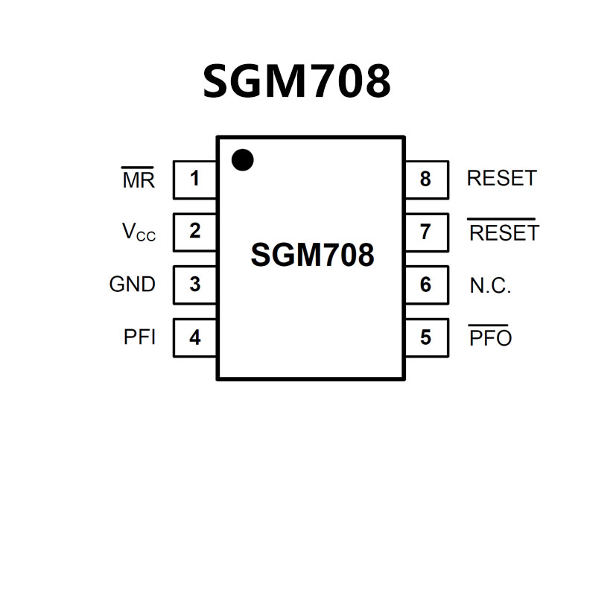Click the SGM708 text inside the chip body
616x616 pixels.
point(312,255)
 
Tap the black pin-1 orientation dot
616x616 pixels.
point(242,160)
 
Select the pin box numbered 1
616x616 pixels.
point(194,180)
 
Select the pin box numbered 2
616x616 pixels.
point(194,232)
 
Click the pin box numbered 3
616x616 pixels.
point(194,285)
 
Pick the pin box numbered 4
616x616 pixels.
point(194,337)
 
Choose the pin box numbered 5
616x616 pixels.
point(426,337)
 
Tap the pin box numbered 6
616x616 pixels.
point(426,285)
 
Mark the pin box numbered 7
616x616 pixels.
point(426,232)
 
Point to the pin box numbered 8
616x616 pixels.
point(426,180)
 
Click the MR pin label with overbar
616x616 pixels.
point(139,180)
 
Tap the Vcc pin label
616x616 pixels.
point(139,232)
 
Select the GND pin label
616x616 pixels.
point(133,285)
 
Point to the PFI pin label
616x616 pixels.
point(139,337)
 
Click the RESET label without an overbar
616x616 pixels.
point(501,179)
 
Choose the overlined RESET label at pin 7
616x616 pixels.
point(504,233)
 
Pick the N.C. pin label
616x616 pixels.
point(490,286)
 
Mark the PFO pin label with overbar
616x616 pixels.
point(491,338)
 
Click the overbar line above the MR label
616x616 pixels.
point(139,168)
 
